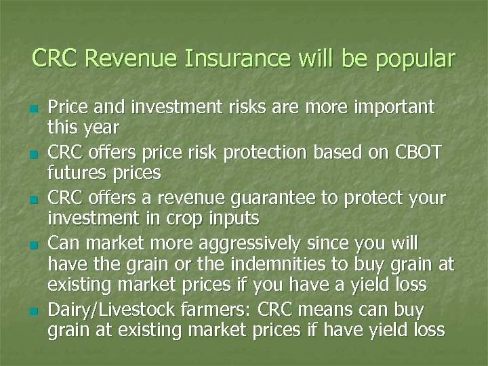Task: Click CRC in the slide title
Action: pos(56,58)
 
